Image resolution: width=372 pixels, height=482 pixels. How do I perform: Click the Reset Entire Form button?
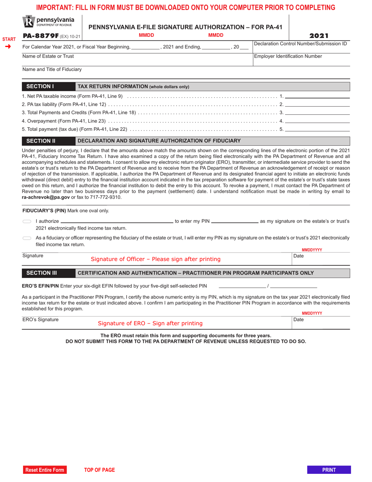(x=44, y=470)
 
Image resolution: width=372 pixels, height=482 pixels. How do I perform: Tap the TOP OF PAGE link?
(x=99, y=470)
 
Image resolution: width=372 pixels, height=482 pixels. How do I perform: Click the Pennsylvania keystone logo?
(x=29, y=22)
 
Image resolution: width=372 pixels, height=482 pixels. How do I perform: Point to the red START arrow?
(x=8, y=47)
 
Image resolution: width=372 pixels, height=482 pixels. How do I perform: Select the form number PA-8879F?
(x=40, y=36)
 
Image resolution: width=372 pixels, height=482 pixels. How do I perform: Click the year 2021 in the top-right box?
(x=319, y=36)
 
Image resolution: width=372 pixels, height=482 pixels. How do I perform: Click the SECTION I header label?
(x=40, y=87)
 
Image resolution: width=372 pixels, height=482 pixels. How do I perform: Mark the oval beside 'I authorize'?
(x=27, y=222)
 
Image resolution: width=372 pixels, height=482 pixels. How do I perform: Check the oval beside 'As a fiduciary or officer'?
(x=27, y=238)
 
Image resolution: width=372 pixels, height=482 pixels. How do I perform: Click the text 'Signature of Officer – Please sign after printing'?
(x=155, y=259)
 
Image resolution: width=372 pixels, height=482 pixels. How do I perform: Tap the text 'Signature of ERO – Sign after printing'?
(x=150, y=323)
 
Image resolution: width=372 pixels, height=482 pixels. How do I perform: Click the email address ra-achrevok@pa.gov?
(x=46, y=198)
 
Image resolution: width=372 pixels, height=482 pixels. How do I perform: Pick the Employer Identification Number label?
(x=288, y=56)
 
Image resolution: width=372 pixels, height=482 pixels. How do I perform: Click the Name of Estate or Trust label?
(x=48, y=56)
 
